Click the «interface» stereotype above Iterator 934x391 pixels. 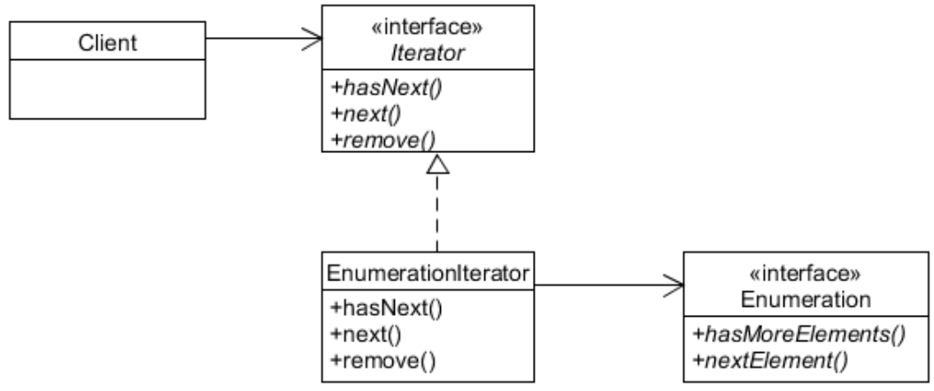click(x=428, y=27)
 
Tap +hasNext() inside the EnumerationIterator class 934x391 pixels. click(x=373, y=310)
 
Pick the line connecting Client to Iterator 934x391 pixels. click(x=257, y=38)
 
